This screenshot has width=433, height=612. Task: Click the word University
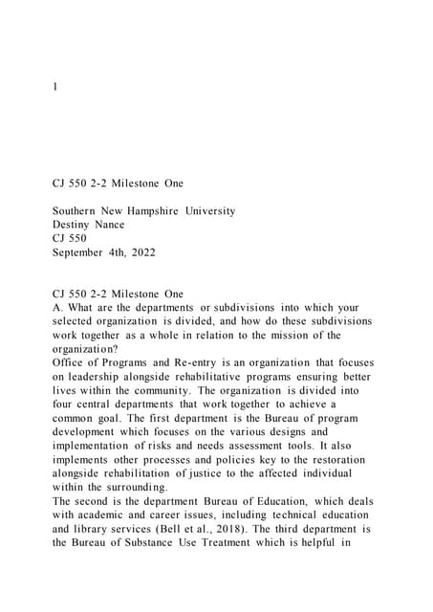click(x=205, y=210)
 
